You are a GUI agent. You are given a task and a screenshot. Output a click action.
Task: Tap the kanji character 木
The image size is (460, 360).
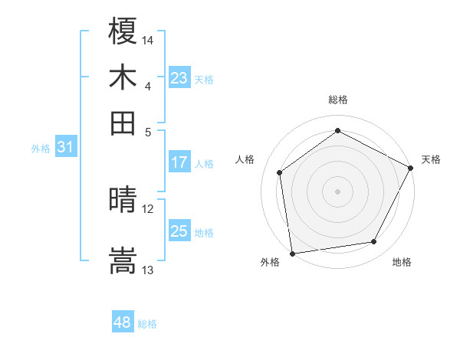click(x=123, y=77)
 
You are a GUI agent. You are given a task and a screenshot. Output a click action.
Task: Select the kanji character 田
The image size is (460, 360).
click(x=123, y=123)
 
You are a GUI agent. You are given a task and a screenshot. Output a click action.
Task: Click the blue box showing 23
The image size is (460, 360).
click(x=179, y=78)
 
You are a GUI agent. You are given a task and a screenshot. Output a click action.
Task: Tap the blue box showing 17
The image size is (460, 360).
click(x=179, y=162)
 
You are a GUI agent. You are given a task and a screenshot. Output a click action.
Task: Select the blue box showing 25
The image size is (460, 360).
click(x=179, y=231)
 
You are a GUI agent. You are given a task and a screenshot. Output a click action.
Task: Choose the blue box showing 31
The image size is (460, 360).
click(x=65, y=148)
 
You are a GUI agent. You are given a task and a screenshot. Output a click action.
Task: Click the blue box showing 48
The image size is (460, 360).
click(x=123, y=322)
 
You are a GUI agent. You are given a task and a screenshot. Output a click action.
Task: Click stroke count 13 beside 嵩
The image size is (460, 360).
click(x=148, y=270)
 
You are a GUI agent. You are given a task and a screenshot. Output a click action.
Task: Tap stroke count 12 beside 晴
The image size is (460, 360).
click(x=148, y=209)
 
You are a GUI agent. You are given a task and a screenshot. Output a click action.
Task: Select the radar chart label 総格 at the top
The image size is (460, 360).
click(x=338, y=100)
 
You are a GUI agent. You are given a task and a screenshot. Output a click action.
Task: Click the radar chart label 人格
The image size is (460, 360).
click(x=245, y=159)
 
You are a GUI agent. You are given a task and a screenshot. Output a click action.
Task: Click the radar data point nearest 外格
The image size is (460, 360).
click(x=292, y=253)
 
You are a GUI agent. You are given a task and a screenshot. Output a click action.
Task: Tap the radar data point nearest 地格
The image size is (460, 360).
click(x=374, y=242)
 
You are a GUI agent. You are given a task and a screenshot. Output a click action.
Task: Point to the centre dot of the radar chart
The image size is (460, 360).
click(x=337, y=191)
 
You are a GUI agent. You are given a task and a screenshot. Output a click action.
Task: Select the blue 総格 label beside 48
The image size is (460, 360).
click(x=147, y=324)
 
